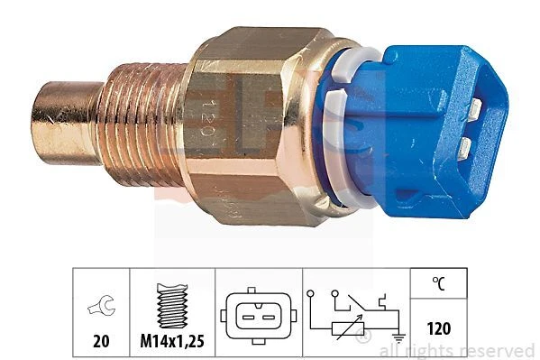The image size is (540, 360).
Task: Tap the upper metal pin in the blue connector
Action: coord(472,109)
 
